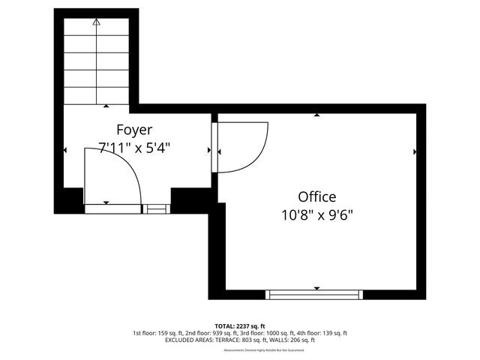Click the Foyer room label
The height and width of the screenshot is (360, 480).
pyautogui.click(x=134, y=130)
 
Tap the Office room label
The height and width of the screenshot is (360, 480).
pyautogui.click(x=316, y=196)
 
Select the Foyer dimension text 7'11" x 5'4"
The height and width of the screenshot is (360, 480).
pyautogui.click(x=134, y=148)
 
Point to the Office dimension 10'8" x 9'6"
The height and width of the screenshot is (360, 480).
pyautogui.click(x=316, y=214)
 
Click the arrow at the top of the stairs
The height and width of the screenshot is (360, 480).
pyautogui.click(x=96, y=23)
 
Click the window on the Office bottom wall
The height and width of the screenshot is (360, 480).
pyautogui.click(x=316, y=294)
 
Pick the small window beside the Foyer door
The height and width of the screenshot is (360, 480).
pyautogui.click(x=156, y=208)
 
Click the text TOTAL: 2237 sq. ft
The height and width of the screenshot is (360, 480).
pyautogui.click(x=239, y=326)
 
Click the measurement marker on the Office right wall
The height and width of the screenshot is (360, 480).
pyautogui.click(x=415, y=151)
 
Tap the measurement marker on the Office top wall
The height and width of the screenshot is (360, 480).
pyautogui.click(x=316, y=115)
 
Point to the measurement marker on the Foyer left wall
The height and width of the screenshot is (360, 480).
pyautogui.click(x=64, y=150)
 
